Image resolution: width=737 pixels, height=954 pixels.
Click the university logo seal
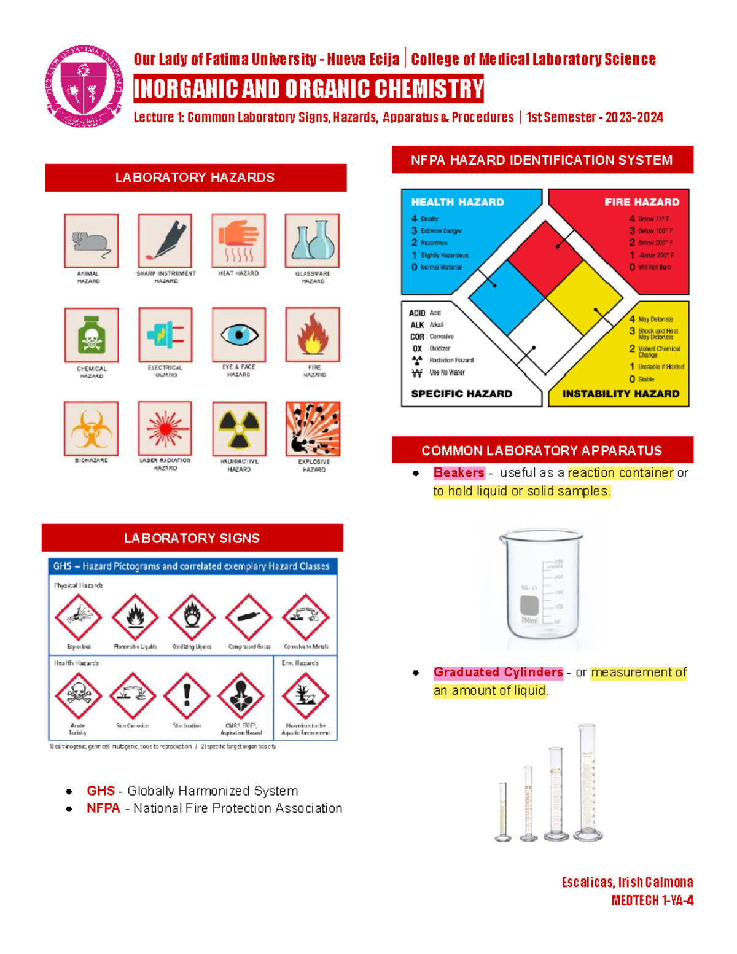84,86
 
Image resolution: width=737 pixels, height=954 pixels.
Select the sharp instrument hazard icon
165,240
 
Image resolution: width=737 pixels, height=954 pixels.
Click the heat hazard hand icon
238,240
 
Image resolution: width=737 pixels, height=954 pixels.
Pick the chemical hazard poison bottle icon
91,335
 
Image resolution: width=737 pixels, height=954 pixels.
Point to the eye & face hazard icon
239,335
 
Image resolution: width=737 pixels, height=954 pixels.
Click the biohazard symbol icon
91,429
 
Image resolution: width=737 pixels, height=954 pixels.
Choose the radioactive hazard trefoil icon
239,429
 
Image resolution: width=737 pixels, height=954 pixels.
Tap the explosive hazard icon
313,429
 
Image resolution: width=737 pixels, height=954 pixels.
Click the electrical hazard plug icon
165,335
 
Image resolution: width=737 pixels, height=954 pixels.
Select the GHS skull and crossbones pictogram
78,695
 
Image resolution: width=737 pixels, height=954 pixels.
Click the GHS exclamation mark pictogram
187,695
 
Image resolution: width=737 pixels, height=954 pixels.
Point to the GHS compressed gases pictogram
249,617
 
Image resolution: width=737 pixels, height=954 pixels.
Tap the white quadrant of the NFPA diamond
545,335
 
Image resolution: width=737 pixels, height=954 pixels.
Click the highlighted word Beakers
459,473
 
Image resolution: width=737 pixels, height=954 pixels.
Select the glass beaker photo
540,587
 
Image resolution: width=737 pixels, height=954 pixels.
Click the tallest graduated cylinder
587,783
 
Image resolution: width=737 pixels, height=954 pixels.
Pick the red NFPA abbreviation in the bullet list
103,808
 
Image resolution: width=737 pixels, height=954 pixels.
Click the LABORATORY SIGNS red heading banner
192,538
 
